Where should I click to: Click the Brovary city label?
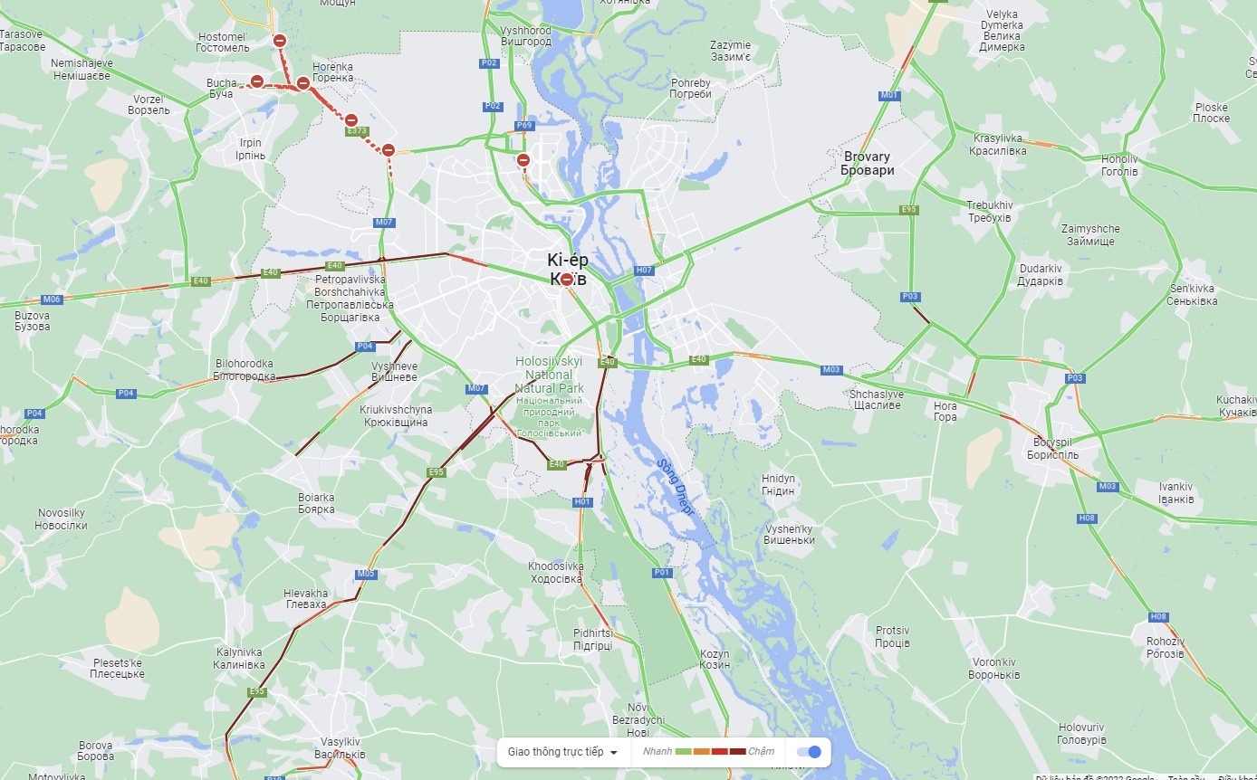click(866, 164)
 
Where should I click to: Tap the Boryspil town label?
click(1051, 449)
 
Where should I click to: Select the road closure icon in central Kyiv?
click(567, 280)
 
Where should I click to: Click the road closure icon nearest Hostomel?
click(280, 41)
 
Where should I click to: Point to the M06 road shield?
click(52, 300)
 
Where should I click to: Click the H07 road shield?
click(644, 271)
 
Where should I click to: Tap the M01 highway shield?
click(889, 95)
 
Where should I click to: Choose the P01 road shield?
click(662, 573)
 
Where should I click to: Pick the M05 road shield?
click(366, 574)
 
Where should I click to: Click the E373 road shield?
click(357, 131)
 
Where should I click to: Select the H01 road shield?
click(582, 502)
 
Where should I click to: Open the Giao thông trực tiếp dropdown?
click(562, 752)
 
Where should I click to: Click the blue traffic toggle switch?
click(809, 752)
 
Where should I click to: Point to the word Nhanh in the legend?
click(657, 752)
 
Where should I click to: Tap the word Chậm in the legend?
click(761, 752)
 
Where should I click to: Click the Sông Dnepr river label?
click(675, 487)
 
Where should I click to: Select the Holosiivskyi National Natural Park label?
click(549, 375)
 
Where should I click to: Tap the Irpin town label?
click(250, 149)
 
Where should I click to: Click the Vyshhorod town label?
click(525, 36)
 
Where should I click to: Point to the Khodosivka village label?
click(556, 573)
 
